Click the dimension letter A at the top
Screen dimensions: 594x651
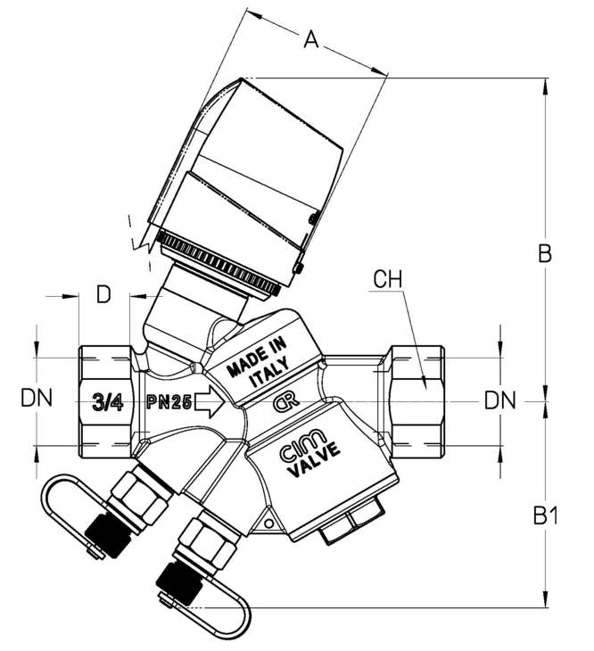point(311,40)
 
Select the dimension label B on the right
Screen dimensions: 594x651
point(545,253)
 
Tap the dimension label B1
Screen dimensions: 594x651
point(546,516)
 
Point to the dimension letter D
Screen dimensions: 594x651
point(103,295)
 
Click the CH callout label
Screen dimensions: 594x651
point(388,279)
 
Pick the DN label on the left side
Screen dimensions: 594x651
point(37,399)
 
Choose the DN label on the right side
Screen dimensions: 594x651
point(500,401)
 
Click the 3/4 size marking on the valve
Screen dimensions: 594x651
point(108,403)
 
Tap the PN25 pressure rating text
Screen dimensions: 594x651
point(169,402)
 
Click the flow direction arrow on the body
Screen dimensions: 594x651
point(210,402)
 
